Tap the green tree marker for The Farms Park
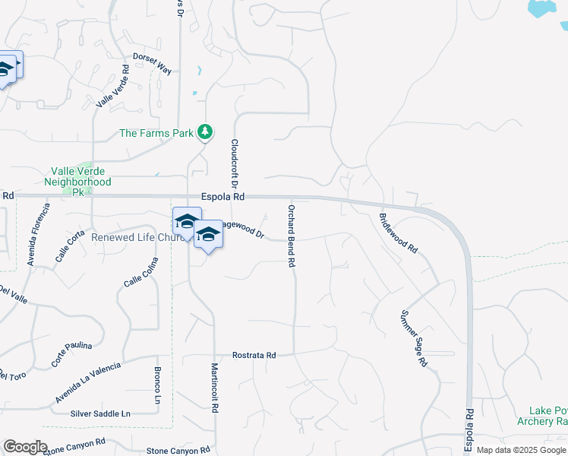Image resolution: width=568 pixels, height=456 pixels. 204,133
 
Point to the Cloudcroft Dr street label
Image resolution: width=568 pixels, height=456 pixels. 235,164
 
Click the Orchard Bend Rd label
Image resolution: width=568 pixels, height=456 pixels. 291,236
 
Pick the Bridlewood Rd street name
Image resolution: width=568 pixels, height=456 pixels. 399,233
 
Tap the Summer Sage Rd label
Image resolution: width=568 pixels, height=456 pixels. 413,339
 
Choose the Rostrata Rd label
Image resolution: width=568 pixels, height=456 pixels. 254,355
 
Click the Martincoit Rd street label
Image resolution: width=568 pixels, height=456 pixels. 215,387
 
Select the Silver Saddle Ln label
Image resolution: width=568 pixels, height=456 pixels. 100,413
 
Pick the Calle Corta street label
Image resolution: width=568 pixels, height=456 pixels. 70,248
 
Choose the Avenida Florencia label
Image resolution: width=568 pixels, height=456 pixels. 39,235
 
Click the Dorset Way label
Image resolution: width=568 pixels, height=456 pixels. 152,62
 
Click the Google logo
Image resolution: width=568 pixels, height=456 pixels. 25,447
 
